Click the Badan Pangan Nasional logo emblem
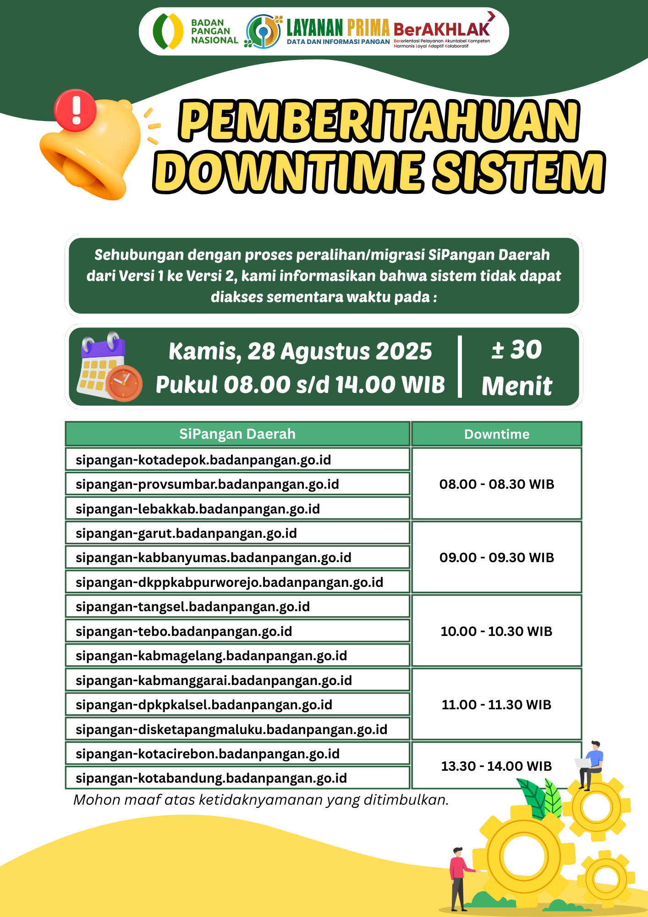click(168, 31)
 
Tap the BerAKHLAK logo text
click(441, 29)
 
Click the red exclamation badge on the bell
click(75, 110)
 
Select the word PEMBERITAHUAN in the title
click(379, 121)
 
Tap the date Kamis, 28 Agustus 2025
click(300, 351)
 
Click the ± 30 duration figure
click(517, 350)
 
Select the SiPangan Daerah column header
click(237, 434)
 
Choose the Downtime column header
click(497, 434)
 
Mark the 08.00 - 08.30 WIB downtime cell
click(497, 484)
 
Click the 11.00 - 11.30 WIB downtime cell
click(497, 705)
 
